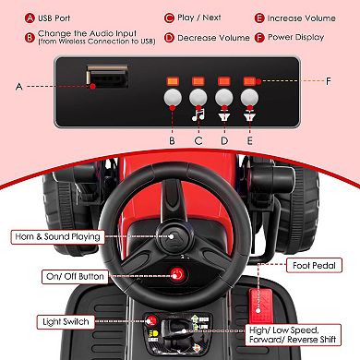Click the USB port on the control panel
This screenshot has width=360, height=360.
(107, 76)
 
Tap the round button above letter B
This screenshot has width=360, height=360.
(173, 98)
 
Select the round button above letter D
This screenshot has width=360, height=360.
(224, 98)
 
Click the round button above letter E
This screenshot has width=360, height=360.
(249, 98)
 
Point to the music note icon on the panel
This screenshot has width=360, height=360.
(198, 114)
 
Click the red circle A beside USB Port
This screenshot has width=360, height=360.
(30, 18)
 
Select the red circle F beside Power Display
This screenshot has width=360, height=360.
(259, 38)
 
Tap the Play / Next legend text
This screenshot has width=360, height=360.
(199, 18)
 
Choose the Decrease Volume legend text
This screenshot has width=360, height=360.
(213, 38)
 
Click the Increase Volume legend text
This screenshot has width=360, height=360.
(302, 18)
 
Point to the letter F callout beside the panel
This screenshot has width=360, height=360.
(329, 81)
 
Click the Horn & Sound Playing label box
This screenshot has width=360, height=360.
(57, 237)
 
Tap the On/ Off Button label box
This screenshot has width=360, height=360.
(75, 276)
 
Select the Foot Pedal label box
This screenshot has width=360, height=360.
(314, 265)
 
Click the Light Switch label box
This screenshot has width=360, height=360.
(66, 322)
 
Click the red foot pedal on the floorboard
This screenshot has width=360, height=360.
(259, 306)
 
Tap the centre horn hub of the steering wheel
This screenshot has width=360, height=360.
(172, 236)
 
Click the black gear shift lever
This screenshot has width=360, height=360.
(174, 330)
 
